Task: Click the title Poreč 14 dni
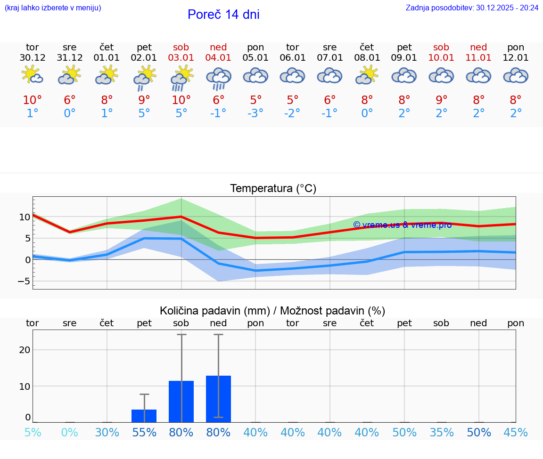coord(223,15)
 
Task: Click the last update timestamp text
coord(472,8)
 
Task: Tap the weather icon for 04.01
coord(218,78)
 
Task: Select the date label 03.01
coord(181,58)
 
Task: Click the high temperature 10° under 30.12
coord(33,100)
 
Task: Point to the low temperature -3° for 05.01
coord(255,113)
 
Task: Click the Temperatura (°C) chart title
coord(273,189)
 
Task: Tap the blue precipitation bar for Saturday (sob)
coord(181,402)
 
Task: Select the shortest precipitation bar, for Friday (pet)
coord(144,416)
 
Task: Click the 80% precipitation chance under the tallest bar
coord(218,432)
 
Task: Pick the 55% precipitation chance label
coord(144,432)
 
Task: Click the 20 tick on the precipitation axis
coord(25,350)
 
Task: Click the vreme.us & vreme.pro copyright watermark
coord(402,225)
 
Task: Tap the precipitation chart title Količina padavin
coord(272,311)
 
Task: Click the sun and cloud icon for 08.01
coord(367,75)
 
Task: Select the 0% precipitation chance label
coord(69,432)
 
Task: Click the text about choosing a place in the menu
coord(53,8)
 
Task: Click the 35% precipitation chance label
coord(441,432)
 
